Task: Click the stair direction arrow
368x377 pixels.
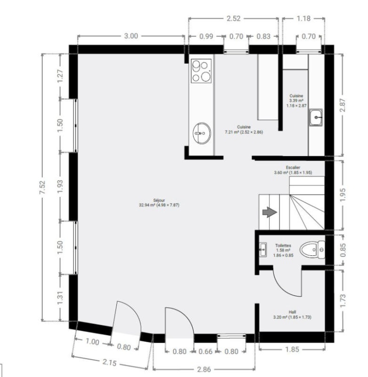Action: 270,213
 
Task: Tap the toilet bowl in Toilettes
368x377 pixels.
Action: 312,250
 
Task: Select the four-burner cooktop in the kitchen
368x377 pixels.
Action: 201,71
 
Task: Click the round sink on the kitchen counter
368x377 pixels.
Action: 202,133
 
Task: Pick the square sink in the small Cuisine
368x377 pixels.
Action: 316,117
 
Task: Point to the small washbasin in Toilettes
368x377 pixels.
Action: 263,250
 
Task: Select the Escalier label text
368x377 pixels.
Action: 293,167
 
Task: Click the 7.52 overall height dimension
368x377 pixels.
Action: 42,187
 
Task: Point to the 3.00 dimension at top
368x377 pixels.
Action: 131,36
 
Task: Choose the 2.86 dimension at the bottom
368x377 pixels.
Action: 204,369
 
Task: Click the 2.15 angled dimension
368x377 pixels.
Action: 109,362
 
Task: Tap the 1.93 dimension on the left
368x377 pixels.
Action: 60,186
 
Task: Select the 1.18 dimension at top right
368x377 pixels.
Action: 303,18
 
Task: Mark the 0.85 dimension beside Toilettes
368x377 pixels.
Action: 343,250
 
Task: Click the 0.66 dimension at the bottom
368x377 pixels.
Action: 205,352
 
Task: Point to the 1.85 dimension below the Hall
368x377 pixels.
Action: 292,349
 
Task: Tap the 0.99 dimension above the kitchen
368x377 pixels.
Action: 206,36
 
